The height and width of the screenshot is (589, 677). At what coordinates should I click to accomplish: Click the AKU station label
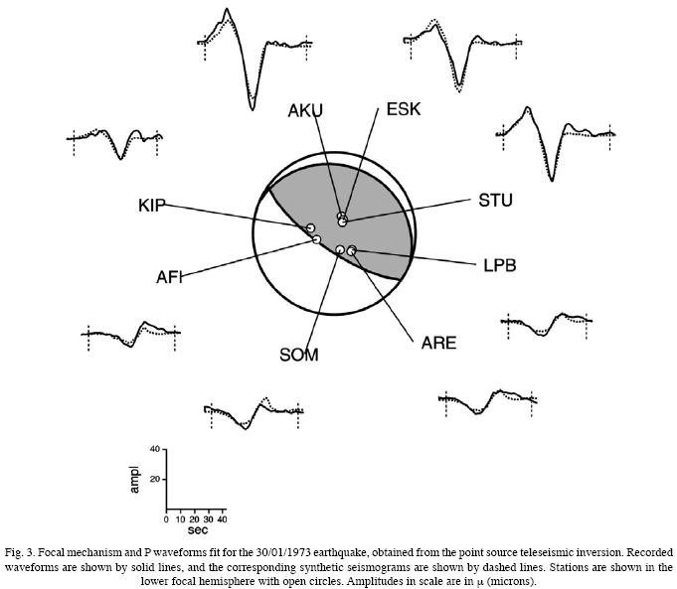(x=305, y=109)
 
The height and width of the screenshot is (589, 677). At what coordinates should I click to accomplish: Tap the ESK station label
(x=404, y=108)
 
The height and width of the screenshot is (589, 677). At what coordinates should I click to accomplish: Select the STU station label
(x=495, y=201)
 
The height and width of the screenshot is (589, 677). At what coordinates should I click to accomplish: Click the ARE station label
(x=438, y=343)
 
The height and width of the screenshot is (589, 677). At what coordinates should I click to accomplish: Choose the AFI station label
(x=169, y=276)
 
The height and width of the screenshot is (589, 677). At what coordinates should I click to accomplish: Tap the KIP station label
(x=153, y=206)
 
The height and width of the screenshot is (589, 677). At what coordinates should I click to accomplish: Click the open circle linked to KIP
(x=310, y=228)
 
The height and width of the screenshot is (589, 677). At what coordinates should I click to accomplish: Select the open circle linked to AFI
(x=316, y=239)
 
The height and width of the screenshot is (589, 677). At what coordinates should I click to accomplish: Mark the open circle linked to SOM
(x=340, y=249)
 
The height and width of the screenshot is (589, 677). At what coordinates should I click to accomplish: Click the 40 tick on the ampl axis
(x=155, y=450)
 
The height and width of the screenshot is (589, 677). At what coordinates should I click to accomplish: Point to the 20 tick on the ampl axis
(x=155, y=479)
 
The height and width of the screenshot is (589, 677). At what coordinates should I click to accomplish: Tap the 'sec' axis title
(x=197, y=530)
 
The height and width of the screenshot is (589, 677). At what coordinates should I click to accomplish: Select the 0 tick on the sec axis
(x=167, y=519)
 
